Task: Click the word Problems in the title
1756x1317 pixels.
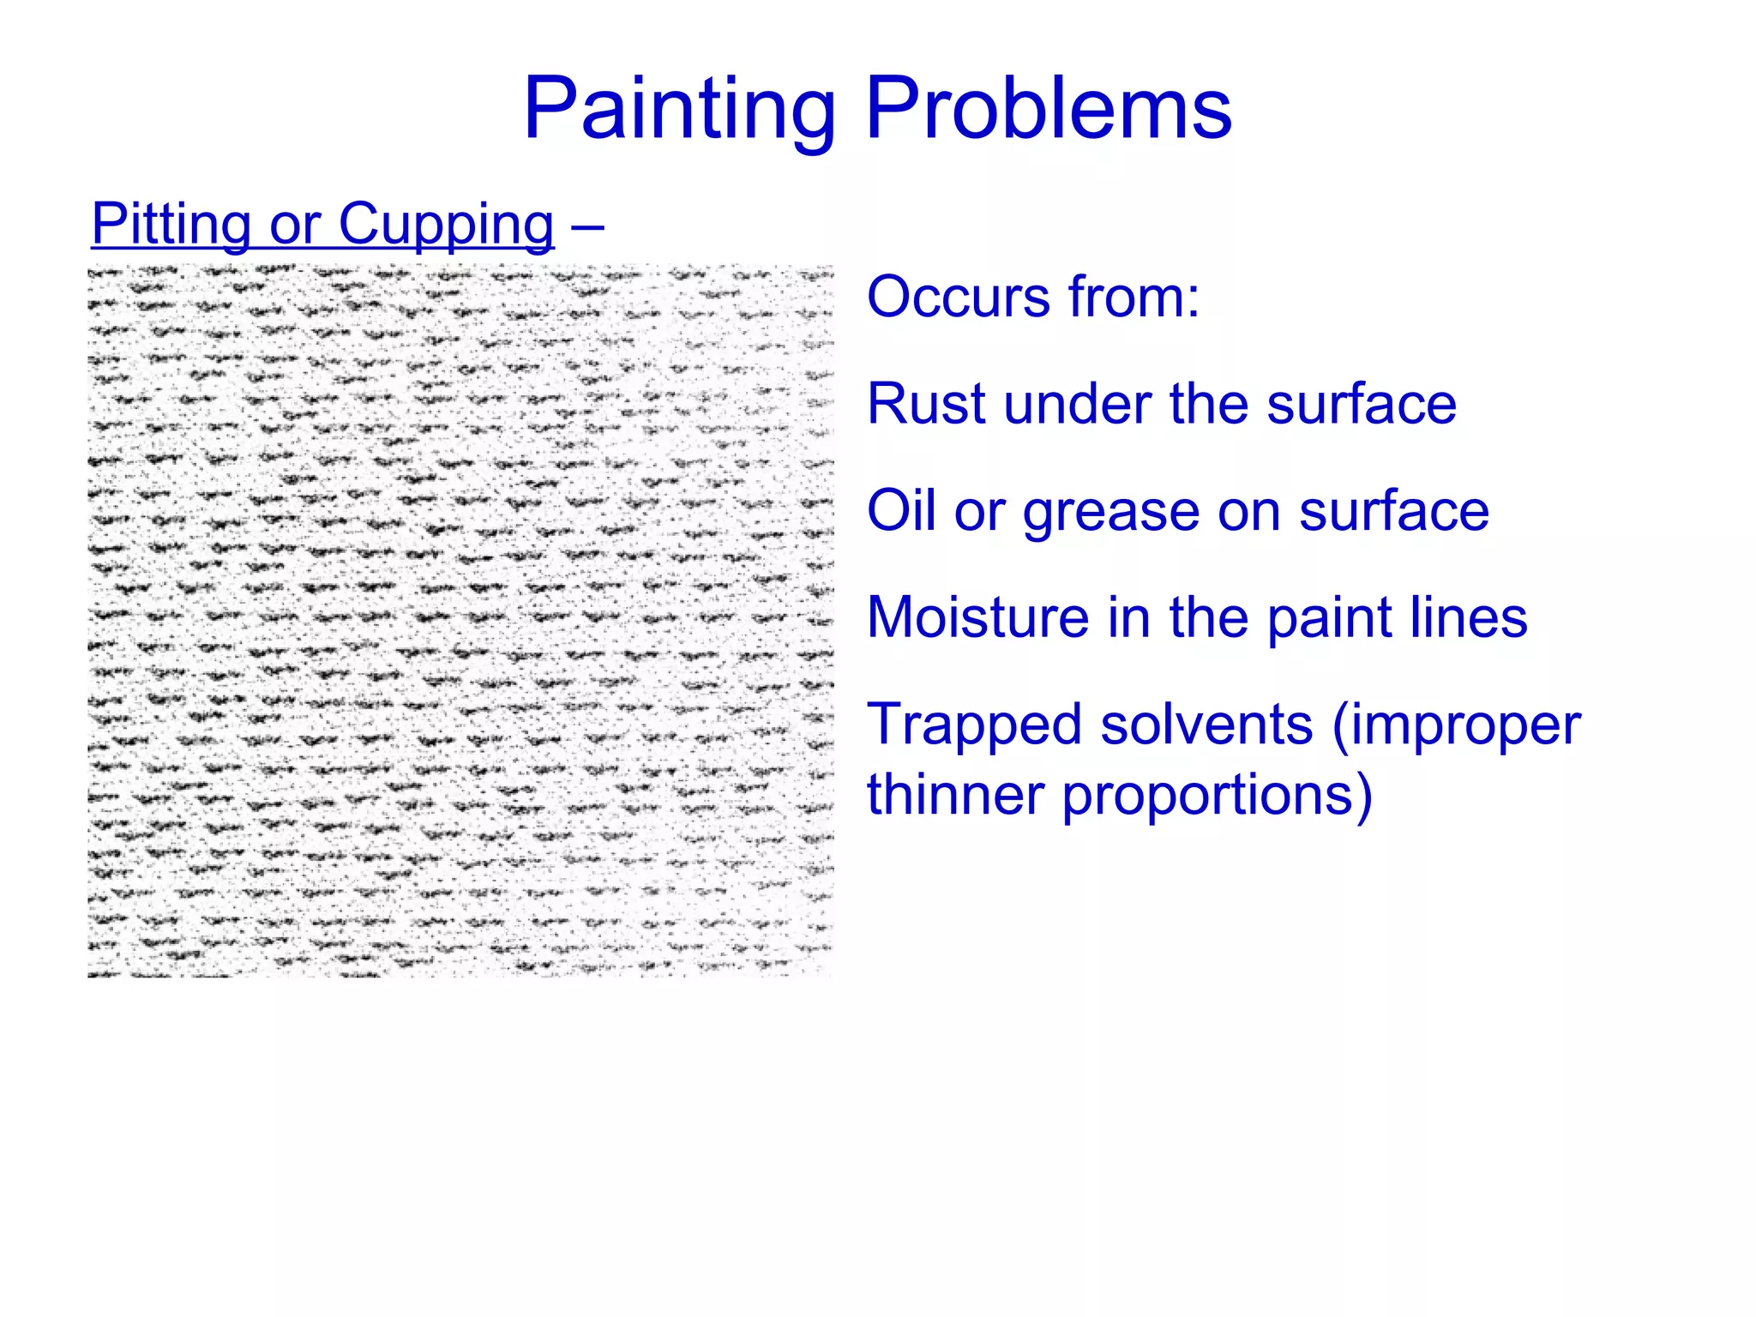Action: point(1049,110)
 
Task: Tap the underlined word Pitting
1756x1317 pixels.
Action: point(171,225)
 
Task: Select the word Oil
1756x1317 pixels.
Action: point(899,511)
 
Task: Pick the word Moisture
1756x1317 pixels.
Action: point(977,617)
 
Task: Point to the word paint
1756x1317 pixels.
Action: point(1320,619)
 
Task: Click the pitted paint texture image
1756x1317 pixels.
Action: point(460,621)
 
